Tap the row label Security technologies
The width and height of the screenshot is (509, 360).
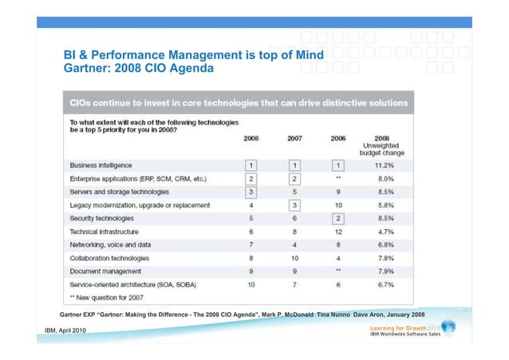102,217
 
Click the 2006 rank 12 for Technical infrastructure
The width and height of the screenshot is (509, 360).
337,231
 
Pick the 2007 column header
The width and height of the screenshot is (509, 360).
294,138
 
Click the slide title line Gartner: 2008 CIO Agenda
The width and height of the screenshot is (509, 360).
139,69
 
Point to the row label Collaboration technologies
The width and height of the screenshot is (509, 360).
109,257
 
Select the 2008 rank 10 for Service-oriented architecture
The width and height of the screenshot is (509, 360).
251,283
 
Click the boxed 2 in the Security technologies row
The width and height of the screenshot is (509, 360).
337,217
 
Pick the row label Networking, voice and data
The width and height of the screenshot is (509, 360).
110,243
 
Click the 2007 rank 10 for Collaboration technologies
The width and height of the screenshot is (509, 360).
294,257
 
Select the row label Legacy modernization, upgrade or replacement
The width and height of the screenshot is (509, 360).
140,204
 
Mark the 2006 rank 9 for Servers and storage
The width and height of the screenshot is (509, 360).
337,191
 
